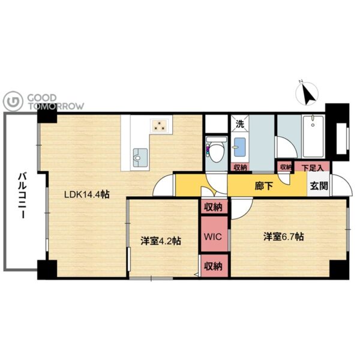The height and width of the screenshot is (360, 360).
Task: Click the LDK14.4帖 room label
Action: pos(86,195)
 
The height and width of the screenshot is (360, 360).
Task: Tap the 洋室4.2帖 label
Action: pos(161,241)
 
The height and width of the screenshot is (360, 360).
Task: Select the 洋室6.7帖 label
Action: pos(284,237)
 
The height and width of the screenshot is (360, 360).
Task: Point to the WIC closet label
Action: pos(213,236)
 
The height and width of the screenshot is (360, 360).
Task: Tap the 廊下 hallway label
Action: pos(264,186)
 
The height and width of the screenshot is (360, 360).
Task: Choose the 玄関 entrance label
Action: pos(319,186)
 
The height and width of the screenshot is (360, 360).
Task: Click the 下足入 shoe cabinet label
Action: pos(313,168)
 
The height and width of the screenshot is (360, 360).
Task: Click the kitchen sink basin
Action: pos(140,157)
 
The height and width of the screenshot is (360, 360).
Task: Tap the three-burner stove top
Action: pos(159,125)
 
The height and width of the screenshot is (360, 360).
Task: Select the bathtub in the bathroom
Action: pos(313,136)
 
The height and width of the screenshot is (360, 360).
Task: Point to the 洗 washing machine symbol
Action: pos(240,124)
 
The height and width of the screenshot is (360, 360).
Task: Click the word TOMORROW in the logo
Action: pos(56,106)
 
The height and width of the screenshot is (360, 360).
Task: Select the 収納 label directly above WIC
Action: pos(214,208)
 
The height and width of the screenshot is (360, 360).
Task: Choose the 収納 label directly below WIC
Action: pos(214,266)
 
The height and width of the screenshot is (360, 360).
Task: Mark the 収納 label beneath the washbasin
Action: pos(240,167)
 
